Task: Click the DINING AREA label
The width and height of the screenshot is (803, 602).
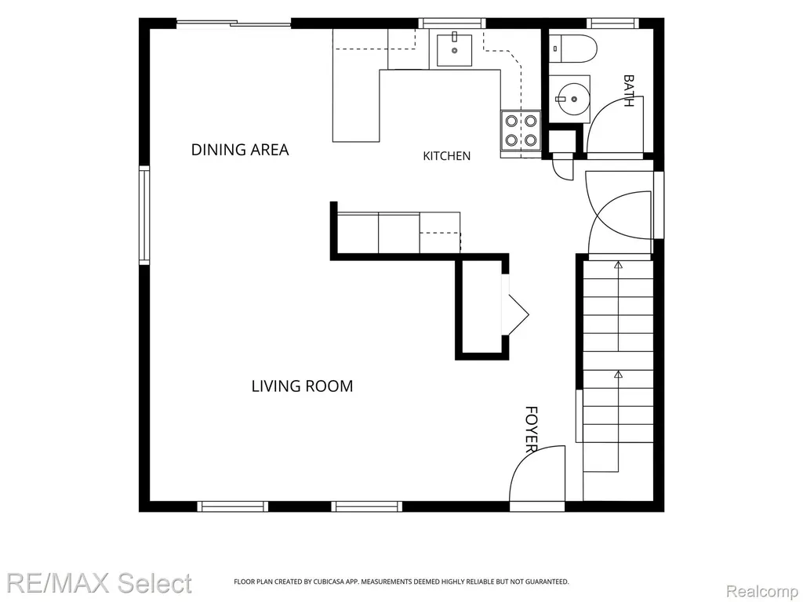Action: (240, 150)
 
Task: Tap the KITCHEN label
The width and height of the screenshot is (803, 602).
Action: (446, 156)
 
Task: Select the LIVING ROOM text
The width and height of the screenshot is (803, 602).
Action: (302, 386)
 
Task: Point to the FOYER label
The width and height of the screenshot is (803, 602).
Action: (532, 430)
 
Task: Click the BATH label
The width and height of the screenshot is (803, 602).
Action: (628, 91)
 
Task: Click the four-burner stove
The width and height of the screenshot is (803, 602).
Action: (521, 131)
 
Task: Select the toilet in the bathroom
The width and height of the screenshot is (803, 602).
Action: (572, 49)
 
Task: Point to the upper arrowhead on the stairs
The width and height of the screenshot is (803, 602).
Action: (618, 265)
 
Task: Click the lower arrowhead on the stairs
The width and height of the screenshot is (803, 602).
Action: (618, 374)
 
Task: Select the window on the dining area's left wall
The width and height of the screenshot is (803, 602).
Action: (144, 215)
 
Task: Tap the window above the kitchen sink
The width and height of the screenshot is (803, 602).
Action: (452, 23)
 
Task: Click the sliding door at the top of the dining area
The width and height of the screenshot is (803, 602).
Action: (234, 23)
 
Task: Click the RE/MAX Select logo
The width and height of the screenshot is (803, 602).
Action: (100, 583)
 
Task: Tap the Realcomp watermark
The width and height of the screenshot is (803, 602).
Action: (763, 591)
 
